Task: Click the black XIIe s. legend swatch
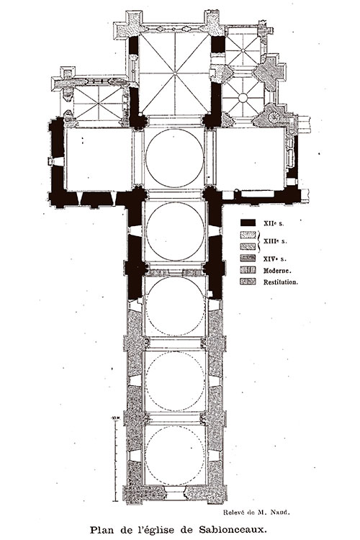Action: pos(248,223)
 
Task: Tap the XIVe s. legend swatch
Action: pos(248,258)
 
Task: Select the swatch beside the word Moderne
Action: pos(248,270)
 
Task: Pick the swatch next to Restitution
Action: pos(248,282)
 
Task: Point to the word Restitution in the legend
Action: pos(280,282)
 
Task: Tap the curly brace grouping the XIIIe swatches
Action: pos(259,241)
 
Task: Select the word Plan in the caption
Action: pos(100,529)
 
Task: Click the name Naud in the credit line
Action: pos(280,512)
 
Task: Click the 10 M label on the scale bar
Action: pos(115,418)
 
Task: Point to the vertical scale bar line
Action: pos(116,460)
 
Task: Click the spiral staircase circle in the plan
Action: pos(274,117)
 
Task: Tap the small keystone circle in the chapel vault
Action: pos(243,98)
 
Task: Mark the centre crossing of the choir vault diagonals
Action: pos(175,73)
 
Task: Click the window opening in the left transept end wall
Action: pos(57,161)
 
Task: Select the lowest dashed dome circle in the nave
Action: pos(175,456)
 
